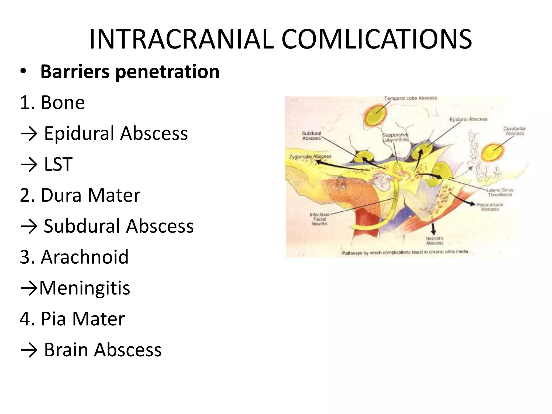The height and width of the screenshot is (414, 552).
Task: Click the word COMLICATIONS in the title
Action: pos(377,40)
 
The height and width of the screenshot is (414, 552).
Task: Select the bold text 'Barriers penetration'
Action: pos(130,72)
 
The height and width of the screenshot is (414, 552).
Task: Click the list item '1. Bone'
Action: pos(52,103)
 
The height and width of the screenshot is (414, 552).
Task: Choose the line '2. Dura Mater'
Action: pos(80,195)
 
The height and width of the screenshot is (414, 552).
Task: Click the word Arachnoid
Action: pos(85,257)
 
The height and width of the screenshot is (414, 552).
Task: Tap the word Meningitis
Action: pos(85,288)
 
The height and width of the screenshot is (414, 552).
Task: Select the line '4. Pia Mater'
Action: pos(72,319)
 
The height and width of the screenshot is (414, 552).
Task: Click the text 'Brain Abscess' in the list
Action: pos(103,350)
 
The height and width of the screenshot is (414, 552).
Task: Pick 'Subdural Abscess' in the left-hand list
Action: pos(119,226)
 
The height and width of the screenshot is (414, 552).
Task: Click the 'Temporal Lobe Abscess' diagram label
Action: pos(410,98)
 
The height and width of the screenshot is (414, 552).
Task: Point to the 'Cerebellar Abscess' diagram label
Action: pos(515,131)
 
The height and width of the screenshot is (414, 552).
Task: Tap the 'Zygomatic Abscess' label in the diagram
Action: pos(310,156)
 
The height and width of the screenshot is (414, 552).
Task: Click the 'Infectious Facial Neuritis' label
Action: pos(320,219)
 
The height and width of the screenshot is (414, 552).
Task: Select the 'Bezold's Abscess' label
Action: pos(434,240)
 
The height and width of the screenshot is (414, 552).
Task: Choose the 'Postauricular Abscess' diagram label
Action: pos(490,207)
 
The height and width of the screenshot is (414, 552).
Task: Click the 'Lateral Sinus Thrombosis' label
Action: pos(500,192)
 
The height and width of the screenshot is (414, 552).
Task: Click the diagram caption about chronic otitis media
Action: pos(405,253)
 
